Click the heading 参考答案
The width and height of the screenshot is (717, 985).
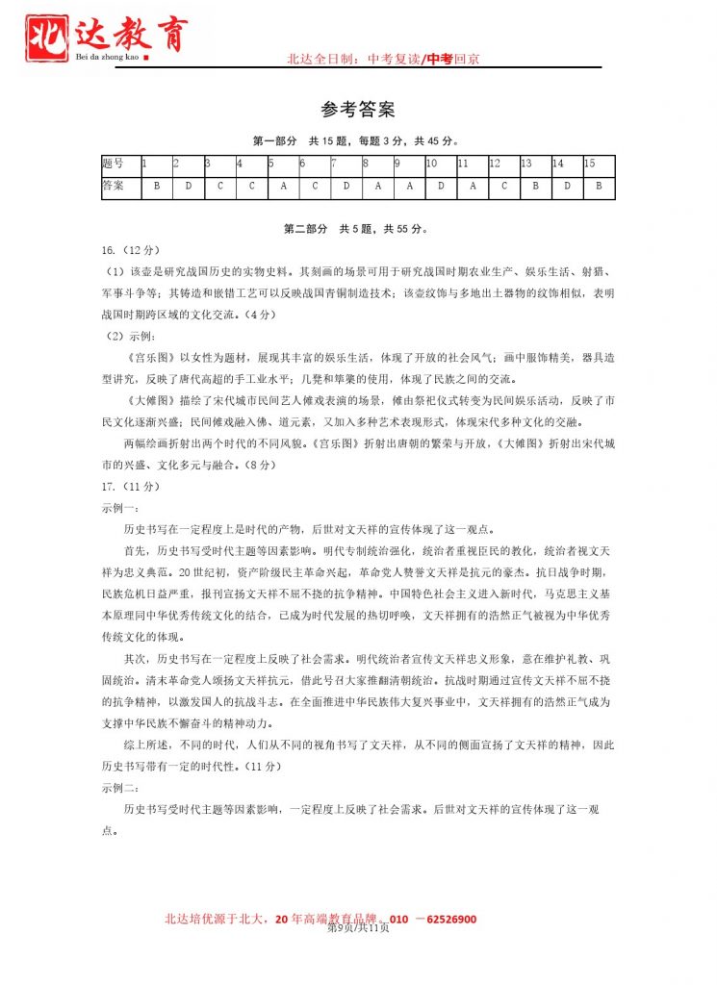pyautogui.click(x=358, y=110)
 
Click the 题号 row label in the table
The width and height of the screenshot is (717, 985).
pyautogui.click(x=114, y=164)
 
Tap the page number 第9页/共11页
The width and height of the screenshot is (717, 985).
pyautogui.click(x=358, y=928)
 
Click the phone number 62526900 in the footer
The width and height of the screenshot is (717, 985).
pyautogui.click(x=447, y=919)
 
